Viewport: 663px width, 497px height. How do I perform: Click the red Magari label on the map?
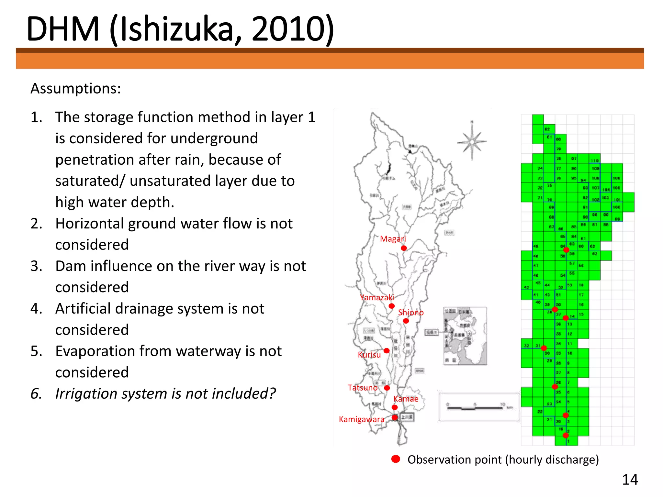click(393, 239)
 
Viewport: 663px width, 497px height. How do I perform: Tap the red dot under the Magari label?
click(404, 248)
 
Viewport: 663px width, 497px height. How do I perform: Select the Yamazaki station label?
click(377, 297)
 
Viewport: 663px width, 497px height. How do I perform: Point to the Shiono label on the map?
click(411, 312)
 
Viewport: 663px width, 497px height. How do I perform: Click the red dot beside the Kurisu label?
click(387, 351)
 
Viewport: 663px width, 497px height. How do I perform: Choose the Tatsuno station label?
click(363, 388)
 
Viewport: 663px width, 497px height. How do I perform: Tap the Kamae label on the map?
click(406, 399)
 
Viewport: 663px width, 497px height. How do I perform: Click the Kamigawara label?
click(362, 419)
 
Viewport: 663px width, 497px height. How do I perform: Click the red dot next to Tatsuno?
click(387, 388)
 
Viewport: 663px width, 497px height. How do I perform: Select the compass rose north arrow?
click(472, 141)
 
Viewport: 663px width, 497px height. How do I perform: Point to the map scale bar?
click(475, 408)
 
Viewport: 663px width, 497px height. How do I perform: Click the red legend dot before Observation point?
click(396, 459)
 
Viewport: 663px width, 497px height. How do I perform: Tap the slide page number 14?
click(630, 480)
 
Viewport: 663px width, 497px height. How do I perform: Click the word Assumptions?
click(76, 88)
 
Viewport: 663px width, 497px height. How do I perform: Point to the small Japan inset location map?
click(465, 336)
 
